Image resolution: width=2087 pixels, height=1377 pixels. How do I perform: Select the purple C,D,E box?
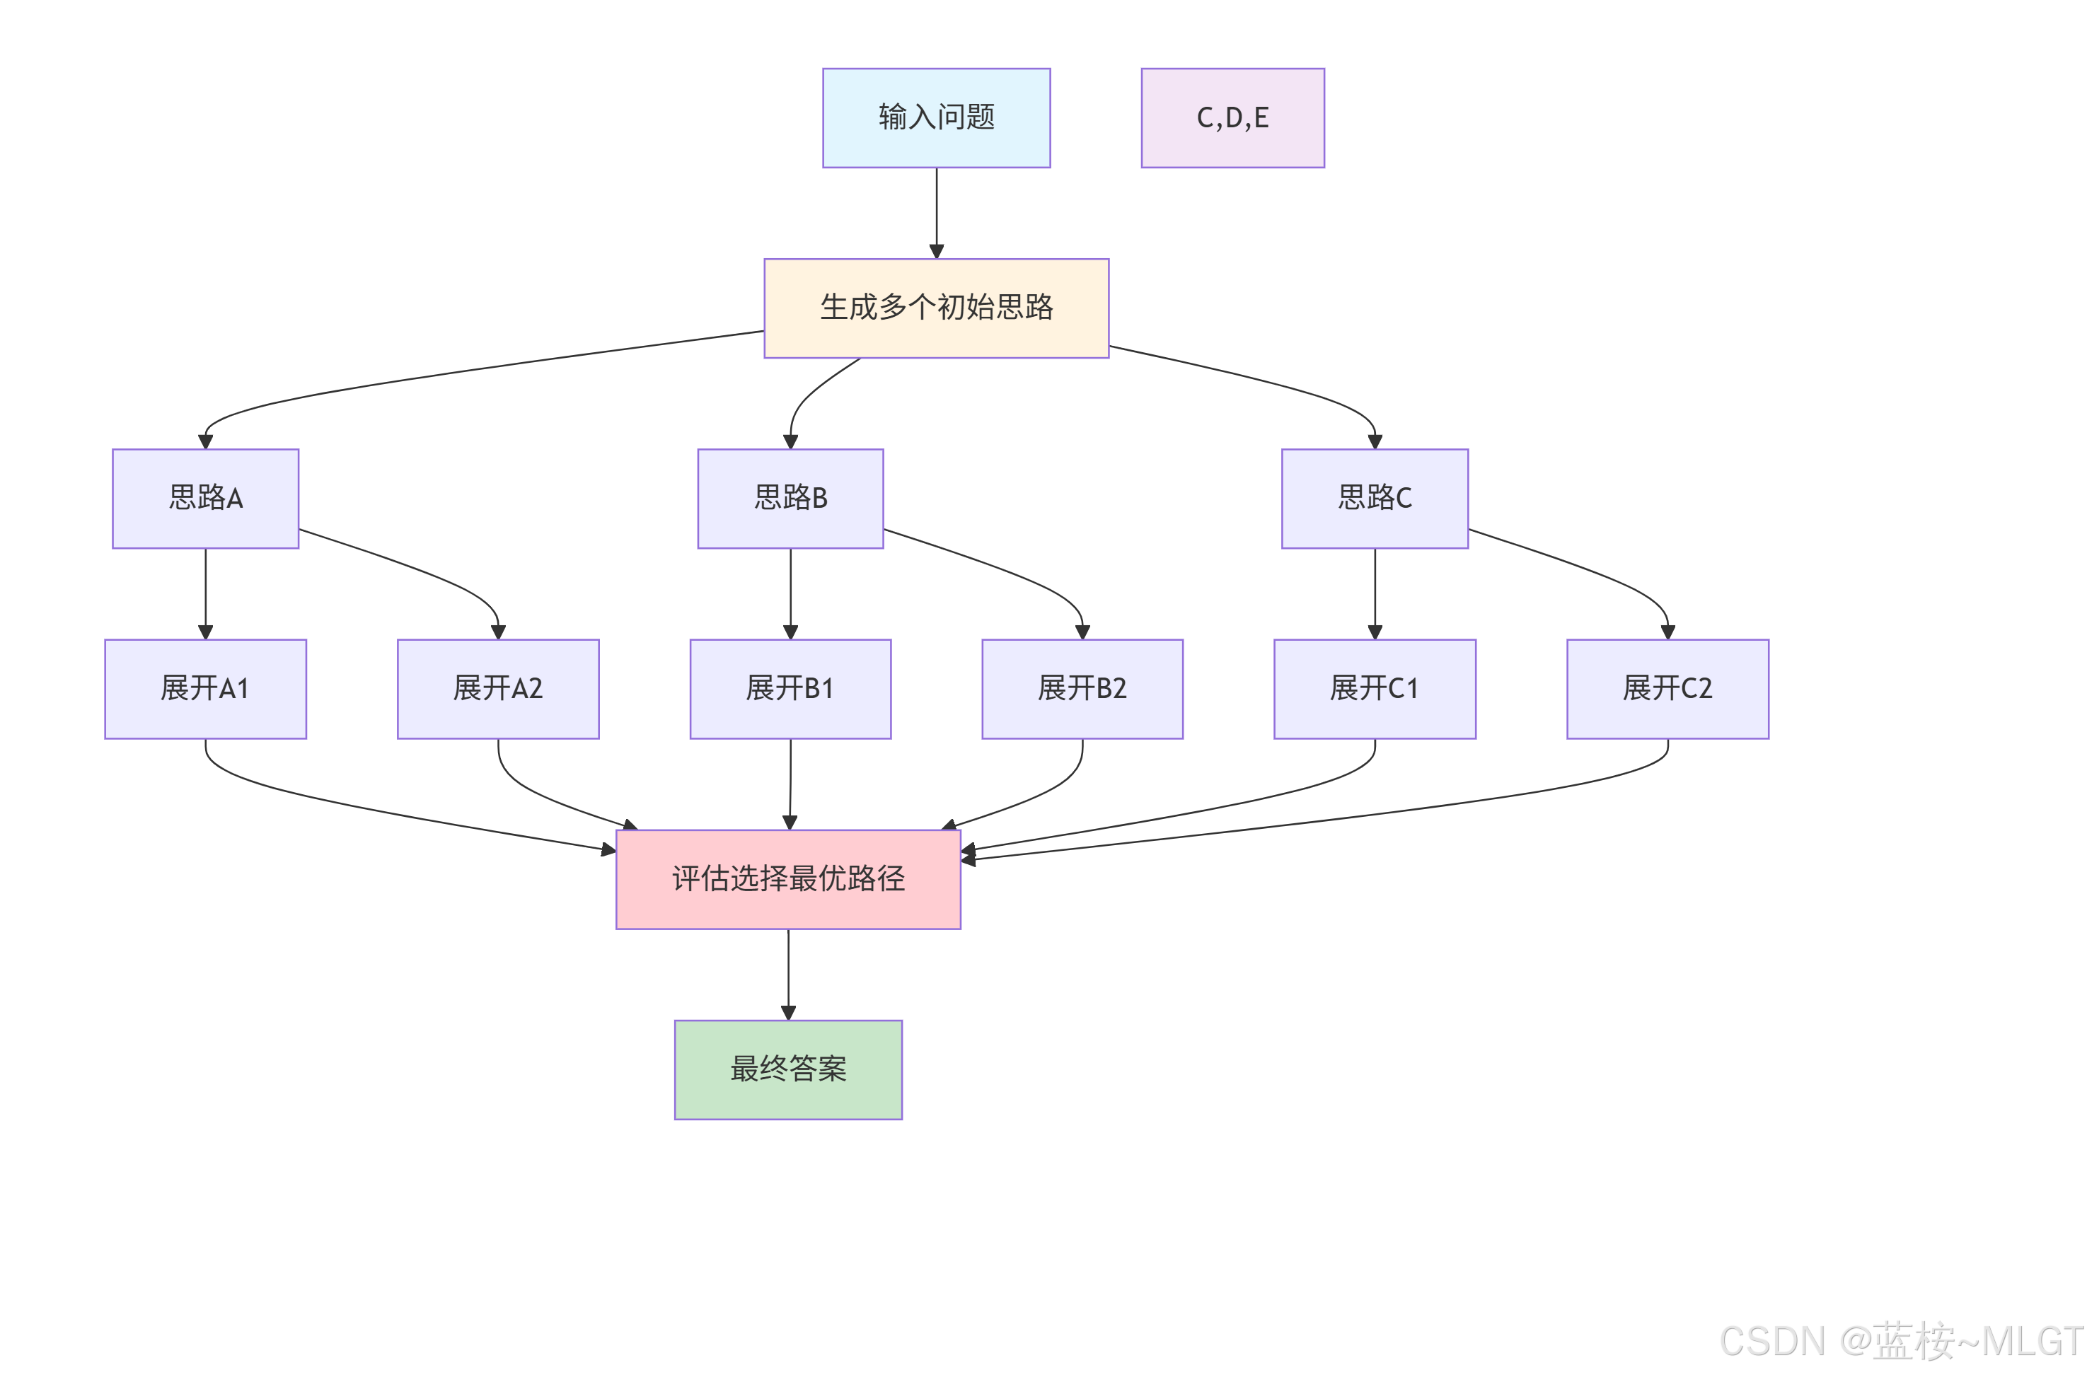(1232, 117)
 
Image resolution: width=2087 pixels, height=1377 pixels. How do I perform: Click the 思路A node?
(206, 498)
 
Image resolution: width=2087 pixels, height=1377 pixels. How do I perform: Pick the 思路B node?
(790, 498)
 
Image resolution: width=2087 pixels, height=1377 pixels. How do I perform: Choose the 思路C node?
(1374, 498)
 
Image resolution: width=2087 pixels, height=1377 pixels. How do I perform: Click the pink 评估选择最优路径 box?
(788, 878)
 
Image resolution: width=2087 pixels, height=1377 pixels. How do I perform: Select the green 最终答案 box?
(788, 1069)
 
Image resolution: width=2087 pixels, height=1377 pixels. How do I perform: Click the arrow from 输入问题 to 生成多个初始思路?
(937, 211)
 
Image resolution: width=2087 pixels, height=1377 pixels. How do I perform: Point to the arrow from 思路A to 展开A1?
(206, 593)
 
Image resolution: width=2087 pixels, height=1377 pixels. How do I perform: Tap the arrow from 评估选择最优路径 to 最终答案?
(788, 973)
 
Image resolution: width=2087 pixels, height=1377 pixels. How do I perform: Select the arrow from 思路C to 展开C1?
(1375, 593)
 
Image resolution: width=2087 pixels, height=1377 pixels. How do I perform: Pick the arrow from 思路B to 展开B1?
(790, 593)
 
